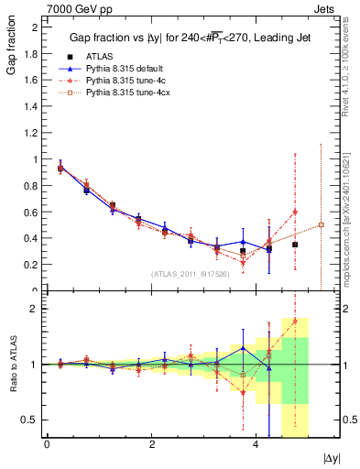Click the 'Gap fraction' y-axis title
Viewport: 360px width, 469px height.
pos(10,49)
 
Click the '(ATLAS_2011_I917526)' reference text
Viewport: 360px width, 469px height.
pos(190,274)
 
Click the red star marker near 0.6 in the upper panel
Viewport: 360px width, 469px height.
pos(295,212)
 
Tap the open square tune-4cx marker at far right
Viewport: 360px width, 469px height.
pos(322,224)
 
